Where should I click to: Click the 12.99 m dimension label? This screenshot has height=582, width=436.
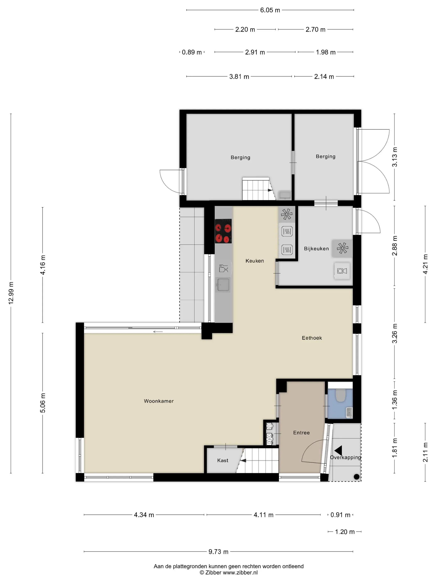pos(11,293)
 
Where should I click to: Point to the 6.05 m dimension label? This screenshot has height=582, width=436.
pos(270,10)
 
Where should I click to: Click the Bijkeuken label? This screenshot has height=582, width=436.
pos(316,249)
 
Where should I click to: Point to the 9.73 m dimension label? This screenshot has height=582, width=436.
pos(218,552)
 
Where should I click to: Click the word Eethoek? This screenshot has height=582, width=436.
pos(312,338)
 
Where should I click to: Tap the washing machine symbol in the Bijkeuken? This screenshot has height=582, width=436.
pos(342,271)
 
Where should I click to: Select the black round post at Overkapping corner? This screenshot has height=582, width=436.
pos(356,476)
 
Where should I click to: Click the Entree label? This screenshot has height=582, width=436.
pos(301,433)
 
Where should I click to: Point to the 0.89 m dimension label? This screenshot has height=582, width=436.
pos(192,52)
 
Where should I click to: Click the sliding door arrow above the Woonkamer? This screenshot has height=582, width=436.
pos(158,332)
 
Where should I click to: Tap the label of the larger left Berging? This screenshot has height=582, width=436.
pos(240,157)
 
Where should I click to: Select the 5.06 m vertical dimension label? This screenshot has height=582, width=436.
pos(43,403)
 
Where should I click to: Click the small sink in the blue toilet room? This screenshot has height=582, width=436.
pos(349,412)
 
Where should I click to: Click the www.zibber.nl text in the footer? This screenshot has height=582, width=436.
pos(240,572)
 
